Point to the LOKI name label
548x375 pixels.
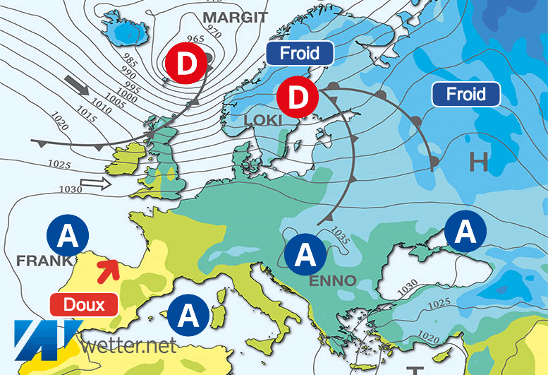point(262,121)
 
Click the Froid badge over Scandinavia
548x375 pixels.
point(299,53)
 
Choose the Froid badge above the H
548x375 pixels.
point(466,94)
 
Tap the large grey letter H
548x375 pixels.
point(479,163)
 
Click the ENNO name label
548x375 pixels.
point(334,280)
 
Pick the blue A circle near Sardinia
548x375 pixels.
point(188,314)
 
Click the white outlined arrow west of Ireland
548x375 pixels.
point(96,185)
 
